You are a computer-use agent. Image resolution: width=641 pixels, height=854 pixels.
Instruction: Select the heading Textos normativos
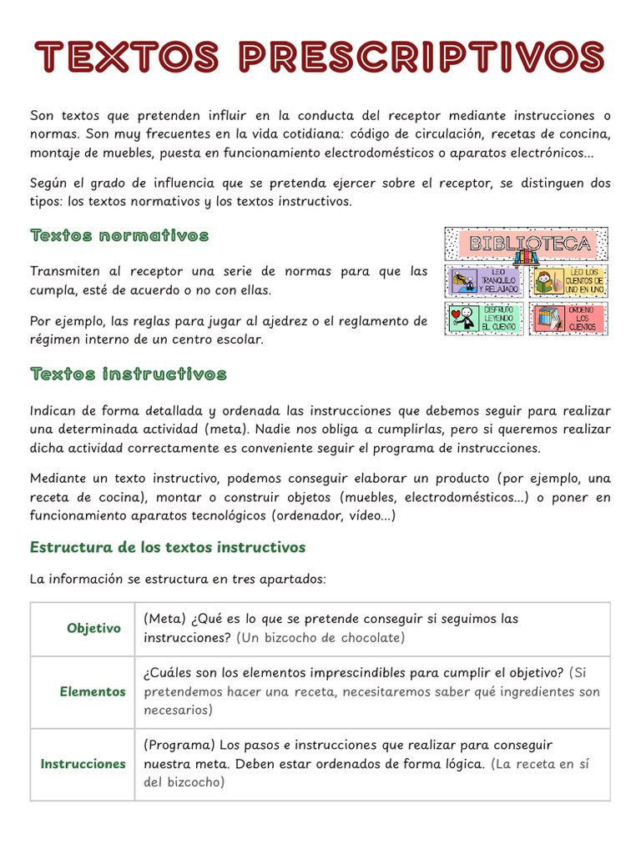click(119, 236)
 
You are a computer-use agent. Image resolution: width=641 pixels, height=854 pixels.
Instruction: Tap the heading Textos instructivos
click(128, 374)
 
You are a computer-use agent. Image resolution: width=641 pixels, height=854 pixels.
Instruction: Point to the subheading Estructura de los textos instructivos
click(168, 547)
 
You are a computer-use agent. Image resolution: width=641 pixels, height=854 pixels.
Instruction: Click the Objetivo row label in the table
click(93, 628)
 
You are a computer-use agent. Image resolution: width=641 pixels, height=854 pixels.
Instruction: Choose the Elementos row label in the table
click(93, 691)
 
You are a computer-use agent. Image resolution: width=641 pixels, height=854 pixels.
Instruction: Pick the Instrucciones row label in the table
click(83, 764)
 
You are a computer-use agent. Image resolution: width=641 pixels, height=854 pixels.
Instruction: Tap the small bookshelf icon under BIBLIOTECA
click(526, 259)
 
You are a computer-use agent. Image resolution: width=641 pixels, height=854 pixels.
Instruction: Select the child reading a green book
click(544, 282)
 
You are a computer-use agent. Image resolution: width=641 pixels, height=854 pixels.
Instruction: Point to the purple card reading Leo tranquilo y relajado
click(485, 281)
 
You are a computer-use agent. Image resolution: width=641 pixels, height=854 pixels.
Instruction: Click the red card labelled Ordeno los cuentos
click(568, 319)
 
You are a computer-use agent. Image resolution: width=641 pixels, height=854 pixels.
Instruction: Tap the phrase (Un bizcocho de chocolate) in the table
click(320, 638)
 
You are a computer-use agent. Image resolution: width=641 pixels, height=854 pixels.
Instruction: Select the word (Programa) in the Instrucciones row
click(178, 745)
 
